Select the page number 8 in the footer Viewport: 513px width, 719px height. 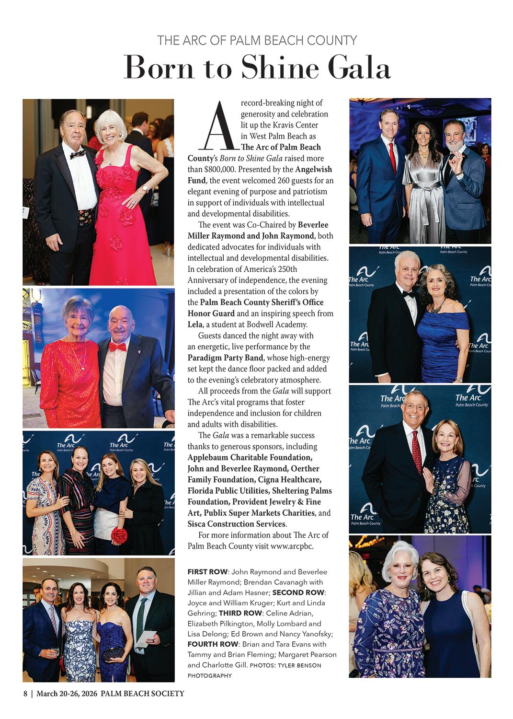tap(25, 694)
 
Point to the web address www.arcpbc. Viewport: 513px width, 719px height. tap(292, 546)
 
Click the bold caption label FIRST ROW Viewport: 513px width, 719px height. tap(207, 572)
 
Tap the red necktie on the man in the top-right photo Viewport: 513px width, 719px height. tap(393, 156)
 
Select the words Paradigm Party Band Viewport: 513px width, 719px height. tap(225, 358)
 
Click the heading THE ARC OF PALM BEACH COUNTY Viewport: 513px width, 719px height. tap(257, 40)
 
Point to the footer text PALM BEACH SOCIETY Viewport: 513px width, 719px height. tap(142, 694)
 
